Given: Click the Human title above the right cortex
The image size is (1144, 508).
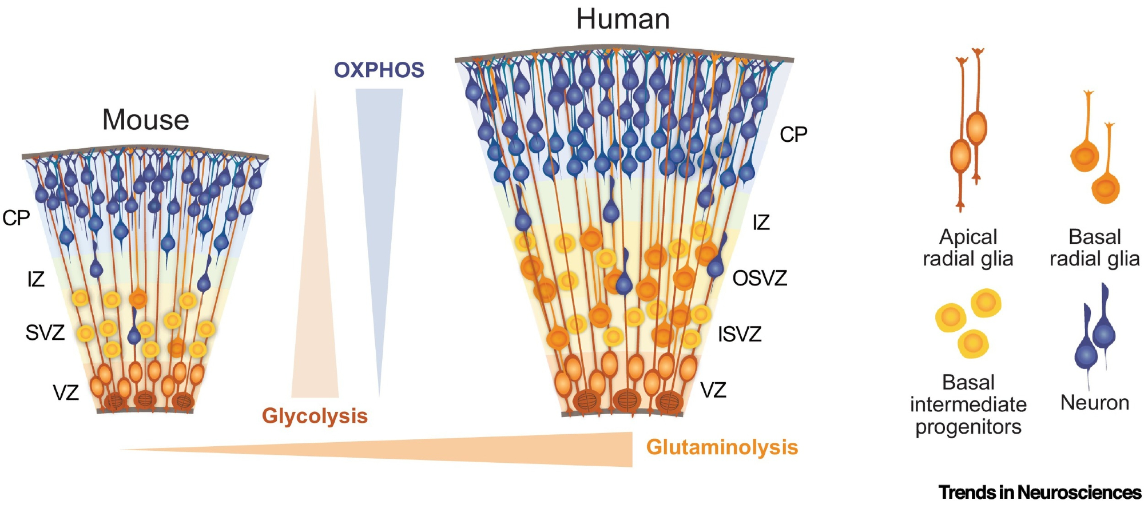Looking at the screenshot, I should (622, 19).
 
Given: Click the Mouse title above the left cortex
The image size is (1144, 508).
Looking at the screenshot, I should (145, 120).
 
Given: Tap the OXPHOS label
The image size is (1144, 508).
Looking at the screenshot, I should (379, 70).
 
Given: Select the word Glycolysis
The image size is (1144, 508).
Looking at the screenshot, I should (315, 416).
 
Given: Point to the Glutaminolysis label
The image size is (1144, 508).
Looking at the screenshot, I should (722, 447).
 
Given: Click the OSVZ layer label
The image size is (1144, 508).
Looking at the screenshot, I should (760, 279).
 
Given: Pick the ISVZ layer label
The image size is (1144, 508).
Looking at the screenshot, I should (740, 334).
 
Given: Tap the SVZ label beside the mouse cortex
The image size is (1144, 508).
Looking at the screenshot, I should (45, 332).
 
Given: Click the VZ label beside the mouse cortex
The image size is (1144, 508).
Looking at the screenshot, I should (66, 393).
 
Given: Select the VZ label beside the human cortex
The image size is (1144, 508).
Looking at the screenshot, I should (713, 391).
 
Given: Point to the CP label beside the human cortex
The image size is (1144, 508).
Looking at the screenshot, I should (793, 135).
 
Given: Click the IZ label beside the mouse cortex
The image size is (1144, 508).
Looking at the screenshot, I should (35, 280).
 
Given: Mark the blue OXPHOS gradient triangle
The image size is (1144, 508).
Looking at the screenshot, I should (378, 200).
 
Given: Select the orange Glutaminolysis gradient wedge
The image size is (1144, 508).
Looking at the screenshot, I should (515, 450).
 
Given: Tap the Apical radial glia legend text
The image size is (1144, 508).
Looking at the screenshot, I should (968, 248).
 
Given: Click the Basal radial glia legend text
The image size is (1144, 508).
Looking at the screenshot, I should (1094, 248).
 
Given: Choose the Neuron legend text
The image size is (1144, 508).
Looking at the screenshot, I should (1094, 403).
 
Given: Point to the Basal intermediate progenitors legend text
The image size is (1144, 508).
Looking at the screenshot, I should (968, 404).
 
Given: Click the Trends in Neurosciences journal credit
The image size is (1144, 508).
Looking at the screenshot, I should (1039, 493).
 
